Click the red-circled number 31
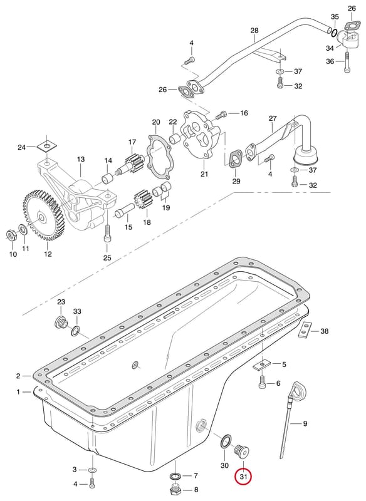click(243, 477)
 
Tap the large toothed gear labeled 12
click(43, 215)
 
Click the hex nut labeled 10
click(11, 236)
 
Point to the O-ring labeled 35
click(333, 33)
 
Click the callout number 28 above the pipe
click(254, 31)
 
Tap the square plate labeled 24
click(46, 147)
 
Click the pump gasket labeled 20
click(158, 157)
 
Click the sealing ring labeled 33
click(76, 331)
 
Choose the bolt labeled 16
click(223, 113)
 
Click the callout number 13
click(81, 159)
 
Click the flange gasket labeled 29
click(236, 159)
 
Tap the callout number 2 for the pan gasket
click(18, 376)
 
